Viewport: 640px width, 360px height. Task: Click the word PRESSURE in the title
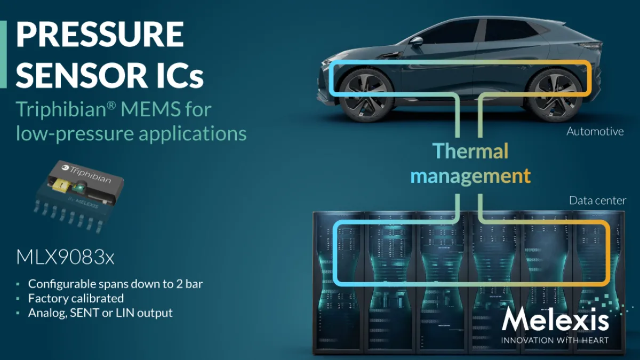[x=100, y=34]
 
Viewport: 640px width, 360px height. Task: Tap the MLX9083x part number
[x=65, y=258]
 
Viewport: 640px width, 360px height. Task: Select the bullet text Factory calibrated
[x=76, y=299]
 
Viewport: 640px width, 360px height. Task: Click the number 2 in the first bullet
[x=179, y=284]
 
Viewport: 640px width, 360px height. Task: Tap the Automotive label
[x=595, y=132]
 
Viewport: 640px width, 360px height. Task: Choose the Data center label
[x=597, y=201]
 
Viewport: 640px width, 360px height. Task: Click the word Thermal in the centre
[x=470, y=151]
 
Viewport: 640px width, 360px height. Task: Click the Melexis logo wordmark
[x=555, y=319]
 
